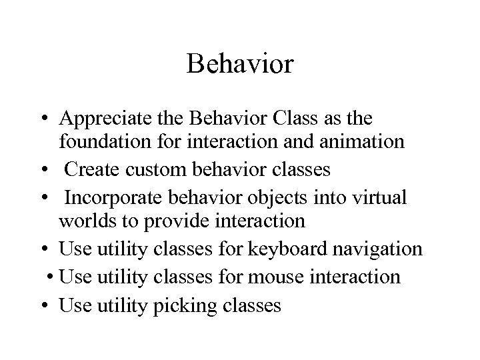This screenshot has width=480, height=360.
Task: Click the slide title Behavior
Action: pos(240,64)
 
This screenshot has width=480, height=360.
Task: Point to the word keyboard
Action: pos(287,249)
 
